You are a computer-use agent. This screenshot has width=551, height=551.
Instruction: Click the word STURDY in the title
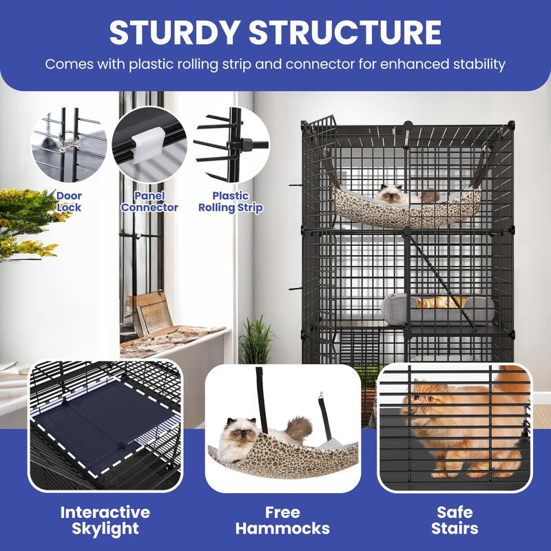174,32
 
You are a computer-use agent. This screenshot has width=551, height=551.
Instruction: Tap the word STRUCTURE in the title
345,32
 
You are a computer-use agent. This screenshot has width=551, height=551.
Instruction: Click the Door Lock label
69,202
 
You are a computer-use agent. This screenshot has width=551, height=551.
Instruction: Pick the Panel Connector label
149,202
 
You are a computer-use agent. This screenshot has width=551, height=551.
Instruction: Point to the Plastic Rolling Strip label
231,202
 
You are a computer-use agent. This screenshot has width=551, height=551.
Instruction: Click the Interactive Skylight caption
105,520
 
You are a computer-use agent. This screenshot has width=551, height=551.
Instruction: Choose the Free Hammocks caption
282,520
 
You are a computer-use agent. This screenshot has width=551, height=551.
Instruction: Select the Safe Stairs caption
455,520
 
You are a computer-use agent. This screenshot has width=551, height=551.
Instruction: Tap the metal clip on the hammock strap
320,397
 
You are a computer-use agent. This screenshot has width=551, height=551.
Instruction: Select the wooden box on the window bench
149,313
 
